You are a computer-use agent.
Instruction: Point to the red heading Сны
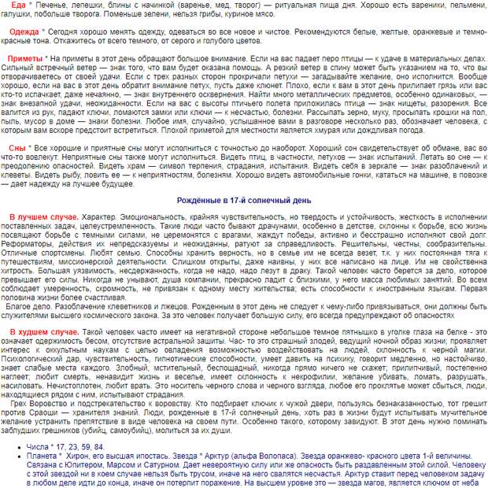pos(17,147)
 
